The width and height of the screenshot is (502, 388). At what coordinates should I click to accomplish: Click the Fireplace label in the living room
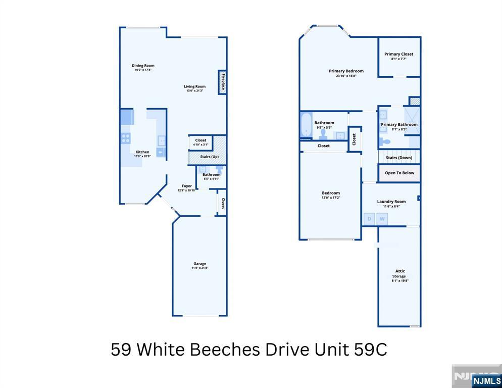[x=222, y=82]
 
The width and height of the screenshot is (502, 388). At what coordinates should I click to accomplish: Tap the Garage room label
[x=199, y=264]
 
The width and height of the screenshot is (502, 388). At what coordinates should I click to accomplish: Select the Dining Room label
[x=143, y=66]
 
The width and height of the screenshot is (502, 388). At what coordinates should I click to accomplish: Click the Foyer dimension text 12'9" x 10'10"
[x=187, y=190]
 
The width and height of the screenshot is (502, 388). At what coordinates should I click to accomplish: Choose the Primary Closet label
[x=398, y=54]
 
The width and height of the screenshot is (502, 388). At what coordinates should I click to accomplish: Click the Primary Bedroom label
[x=346, y=71]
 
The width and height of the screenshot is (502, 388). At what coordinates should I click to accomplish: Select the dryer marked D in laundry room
[x=369, y=219]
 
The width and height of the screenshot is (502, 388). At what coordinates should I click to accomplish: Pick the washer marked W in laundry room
[x=382, y=219]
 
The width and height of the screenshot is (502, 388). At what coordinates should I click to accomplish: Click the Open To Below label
[x=399, y=173]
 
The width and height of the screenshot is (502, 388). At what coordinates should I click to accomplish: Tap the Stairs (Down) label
[x=399, y=158]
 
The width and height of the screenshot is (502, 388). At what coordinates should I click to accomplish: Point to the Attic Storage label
[x=399, y=273]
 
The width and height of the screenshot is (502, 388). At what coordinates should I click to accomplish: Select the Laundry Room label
[x=391, y=202]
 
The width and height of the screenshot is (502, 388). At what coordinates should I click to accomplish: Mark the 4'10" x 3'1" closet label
[x=200, y=144]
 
